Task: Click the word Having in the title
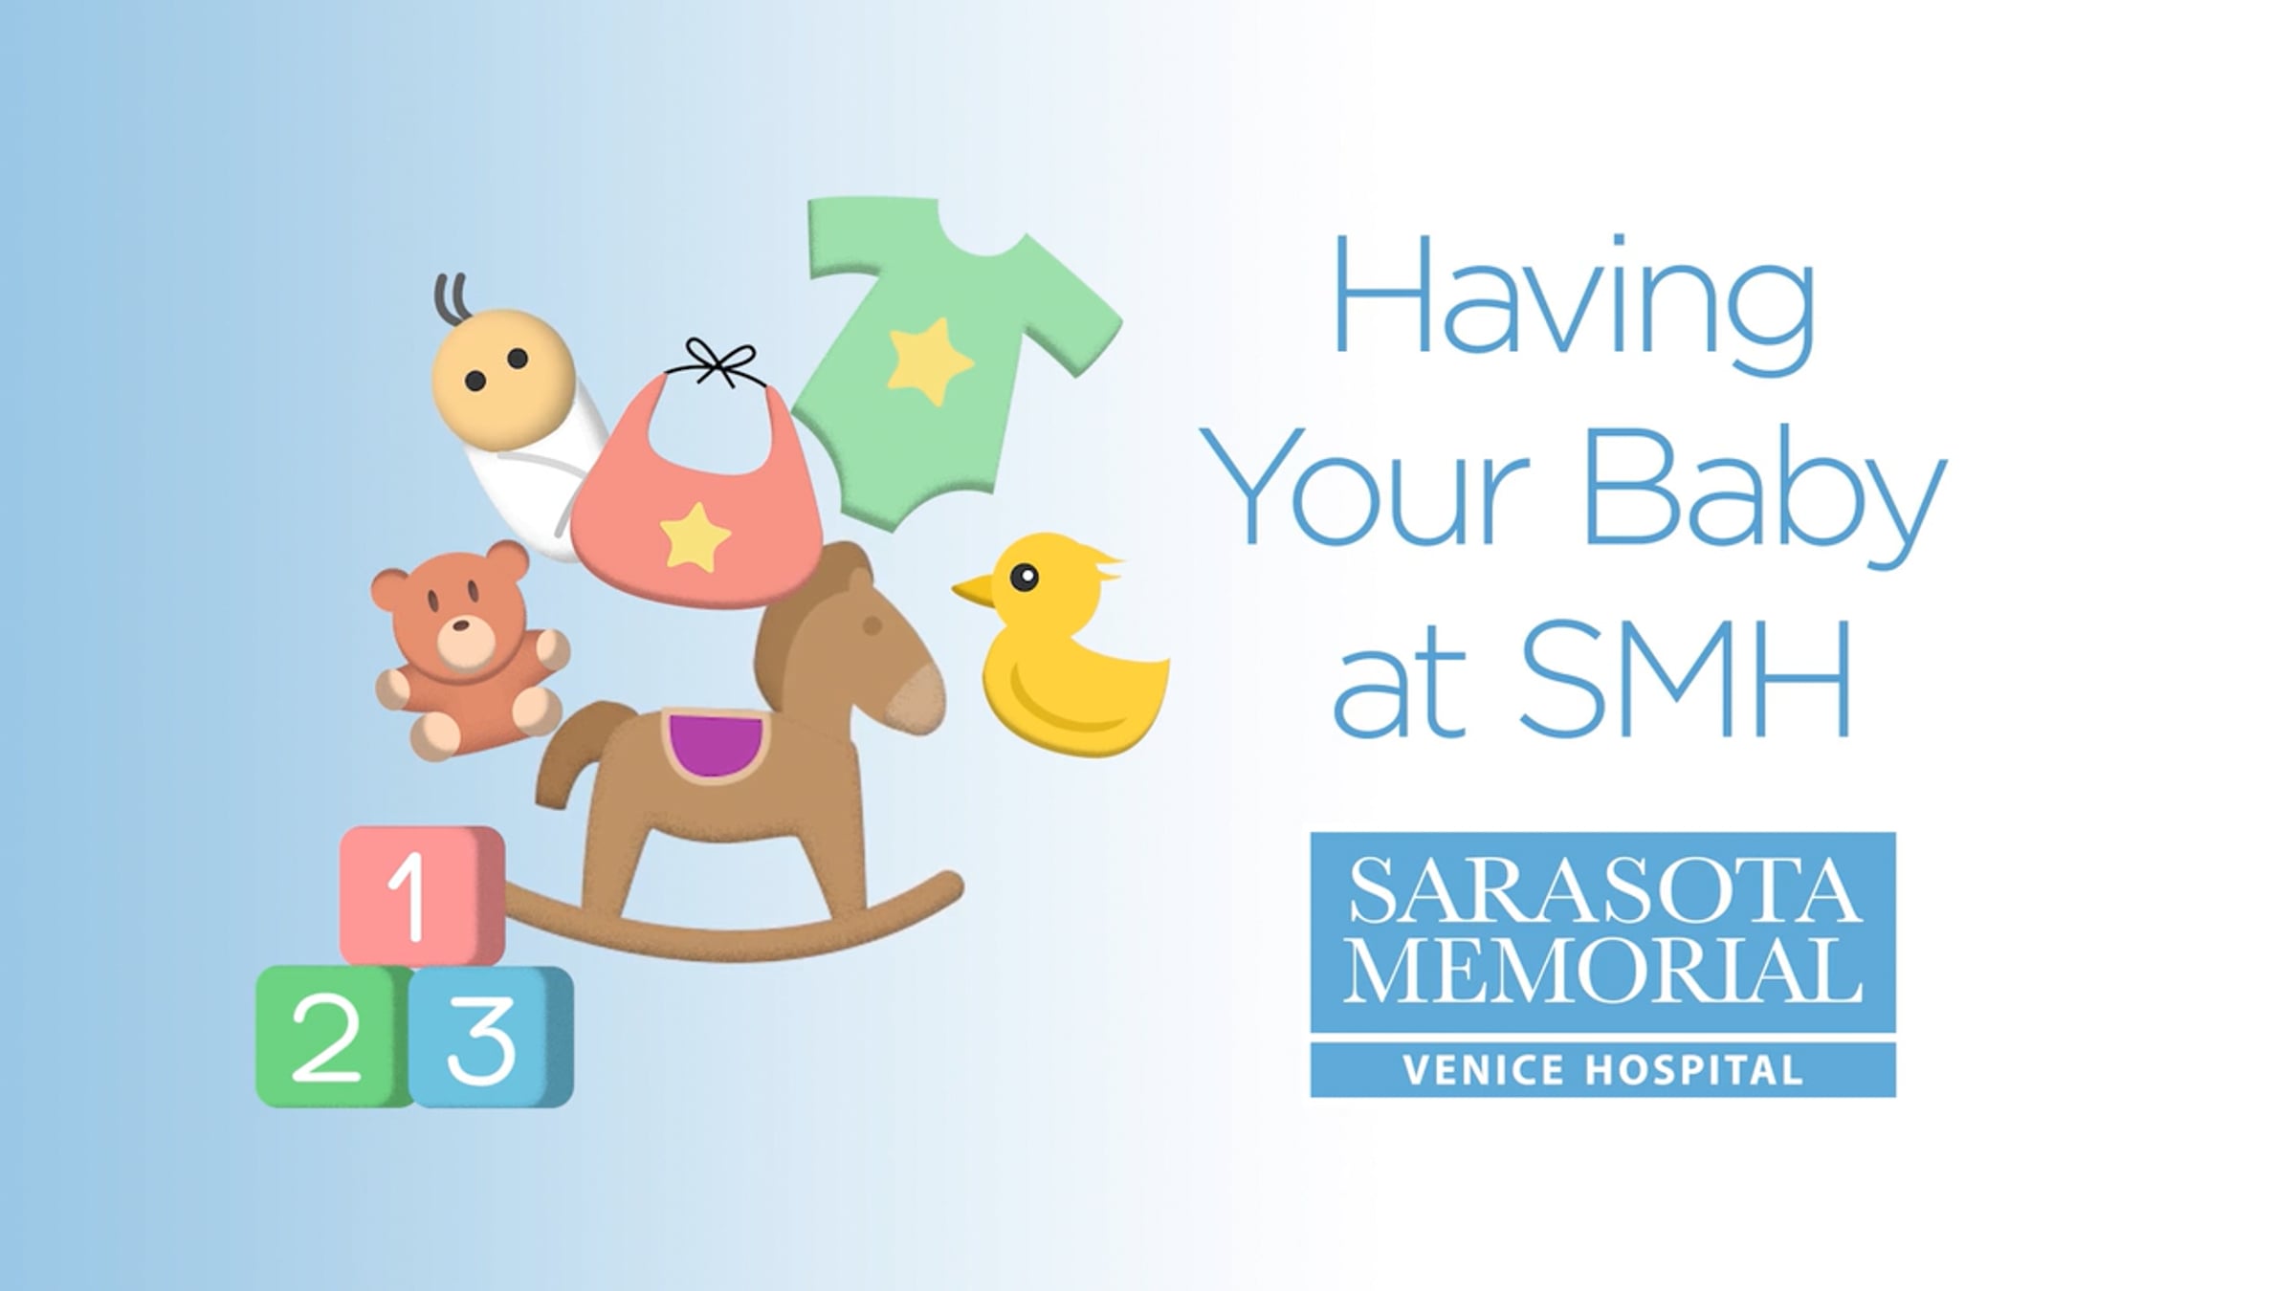1573,305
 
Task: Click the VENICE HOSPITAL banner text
1602,1069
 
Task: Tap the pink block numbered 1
422,895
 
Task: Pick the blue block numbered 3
492,1037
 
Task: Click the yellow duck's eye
1024,578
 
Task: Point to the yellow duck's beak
975,590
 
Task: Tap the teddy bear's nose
460,626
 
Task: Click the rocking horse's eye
872,625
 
